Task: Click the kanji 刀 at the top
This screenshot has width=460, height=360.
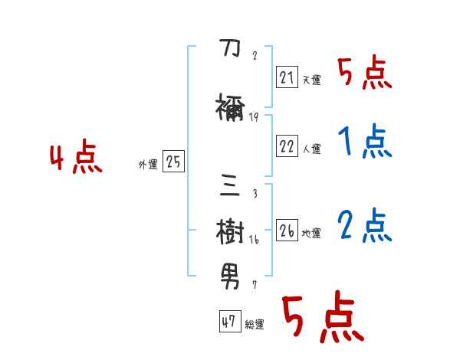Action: click(230, 51)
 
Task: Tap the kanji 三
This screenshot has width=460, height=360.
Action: click(231, 186)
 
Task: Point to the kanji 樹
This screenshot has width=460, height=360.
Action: click(231, 229)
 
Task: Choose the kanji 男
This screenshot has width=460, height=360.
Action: click(231, 273)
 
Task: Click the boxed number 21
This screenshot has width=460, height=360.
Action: click(287, 77)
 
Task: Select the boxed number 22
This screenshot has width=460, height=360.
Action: click(287, 146)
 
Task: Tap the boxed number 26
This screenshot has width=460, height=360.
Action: click(287, 231)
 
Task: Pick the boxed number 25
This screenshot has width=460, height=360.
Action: click(173, 162)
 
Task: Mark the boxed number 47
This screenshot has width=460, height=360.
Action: click(228, 322)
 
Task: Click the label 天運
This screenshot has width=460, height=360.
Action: click(311, 80)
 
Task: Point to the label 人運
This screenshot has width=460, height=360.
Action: click(311, 148)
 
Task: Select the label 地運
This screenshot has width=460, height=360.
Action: click(311, 233)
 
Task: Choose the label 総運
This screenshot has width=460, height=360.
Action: click(255, 324)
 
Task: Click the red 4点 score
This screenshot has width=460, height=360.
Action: click(75, 159)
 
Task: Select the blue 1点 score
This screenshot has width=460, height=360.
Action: click(364, 141)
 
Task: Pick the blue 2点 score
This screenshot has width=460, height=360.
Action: click(365, 225)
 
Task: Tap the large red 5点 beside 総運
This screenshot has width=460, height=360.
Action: click(321, 318)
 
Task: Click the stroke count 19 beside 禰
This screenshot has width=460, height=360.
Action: click(254, 117)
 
